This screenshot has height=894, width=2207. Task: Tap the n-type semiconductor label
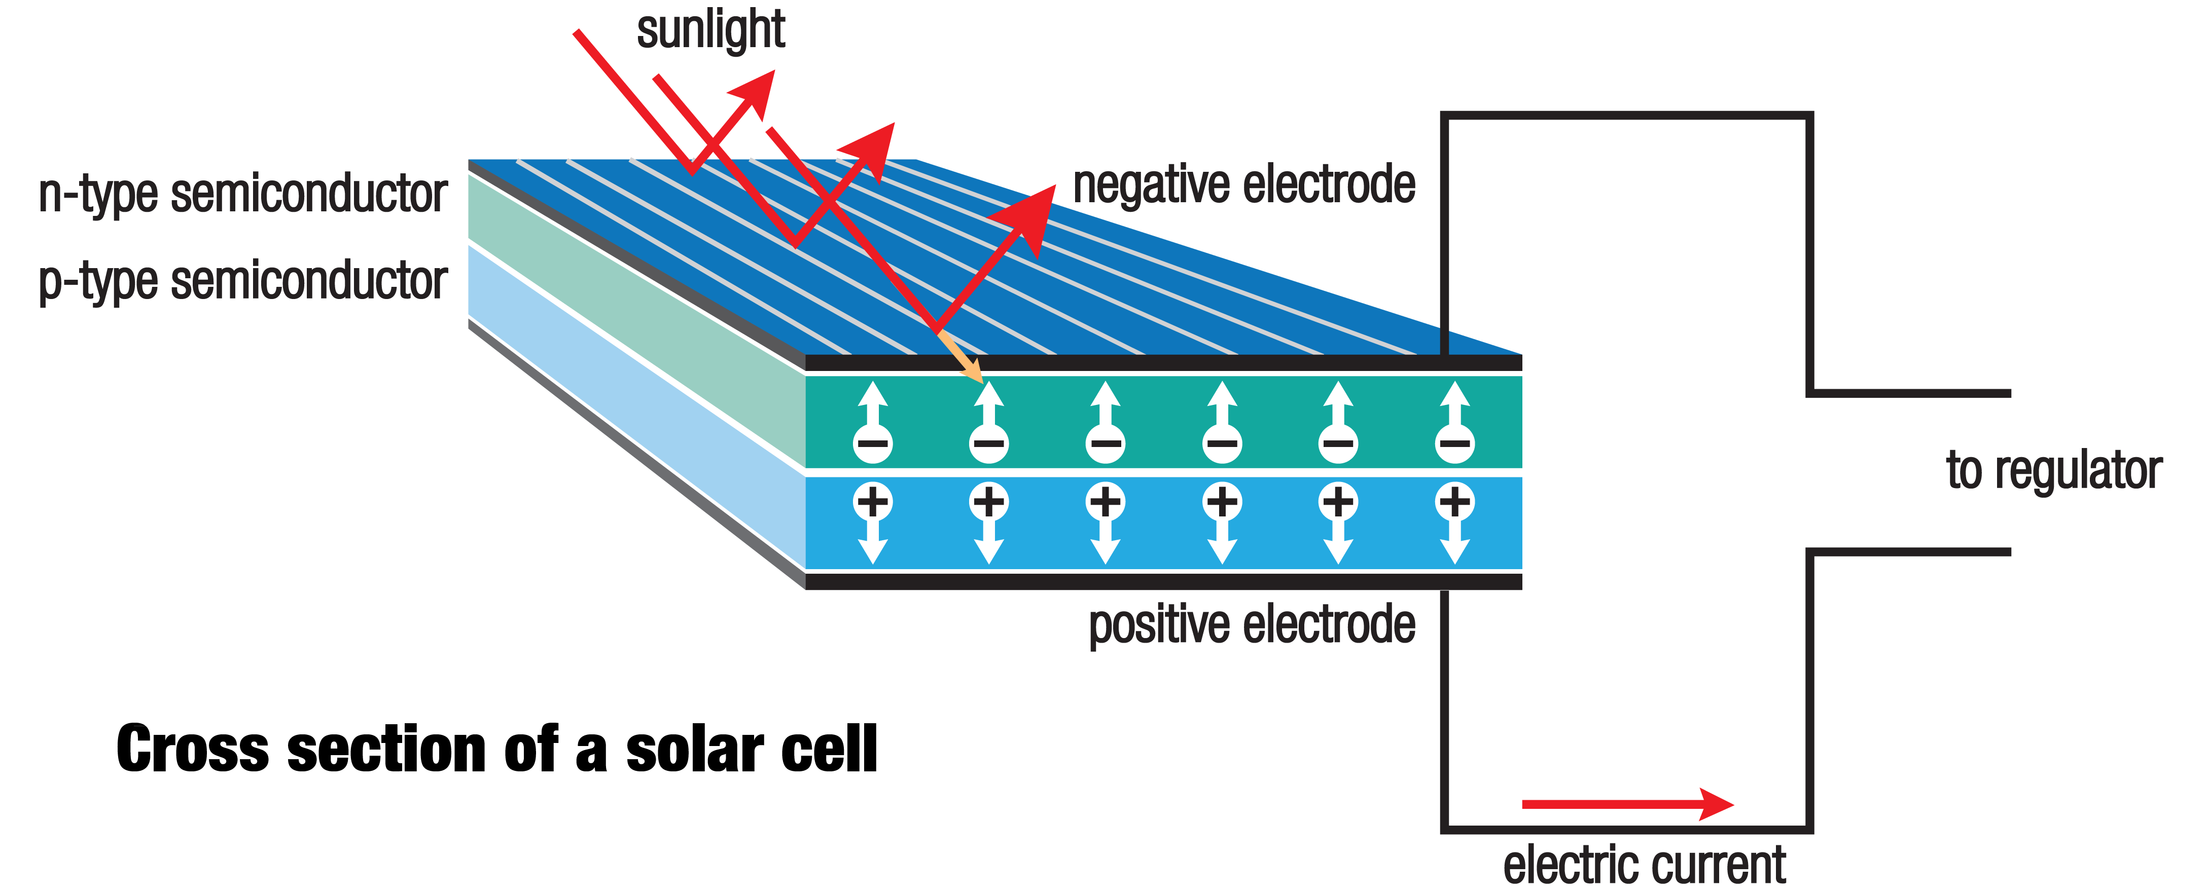243,195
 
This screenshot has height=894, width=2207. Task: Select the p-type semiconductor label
243,281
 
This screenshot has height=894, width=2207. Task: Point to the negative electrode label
1244,185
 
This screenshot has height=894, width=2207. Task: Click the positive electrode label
1252,624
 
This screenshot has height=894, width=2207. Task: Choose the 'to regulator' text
2053,470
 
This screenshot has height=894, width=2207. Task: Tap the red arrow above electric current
1628,804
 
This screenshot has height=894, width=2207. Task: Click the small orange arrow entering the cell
962,358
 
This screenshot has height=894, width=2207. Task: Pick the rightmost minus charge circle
1455,443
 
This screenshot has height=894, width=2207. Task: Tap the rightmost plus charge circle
1455,501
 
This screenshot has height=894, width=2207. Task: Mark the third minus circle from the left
1105,443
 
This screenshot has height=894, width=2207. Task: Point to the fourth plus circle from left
1222,501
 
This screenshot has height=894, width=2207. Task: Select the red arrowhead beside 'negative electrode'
1033,214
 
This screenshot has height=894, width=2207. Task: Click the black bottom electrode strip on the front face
1163,581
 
